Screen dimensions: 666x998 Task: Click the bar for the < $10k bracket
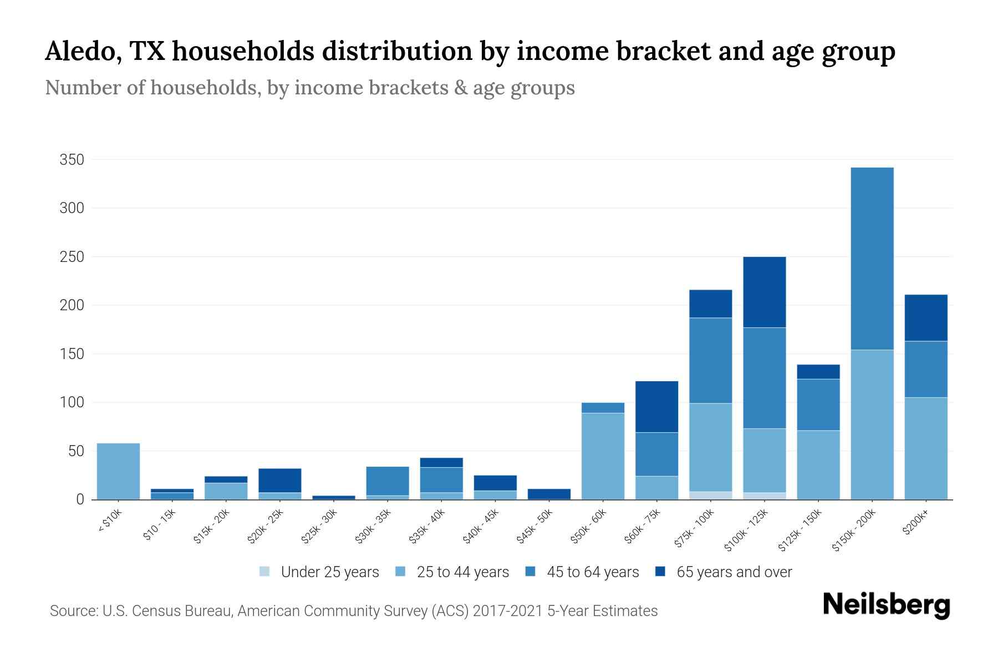click(x=118, y=471)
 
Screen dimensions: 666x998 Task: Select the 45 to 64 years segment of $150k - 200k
click(x=872, y=259)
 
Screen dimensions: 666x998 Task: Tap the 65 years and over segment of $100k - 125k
click(x=764, y=292)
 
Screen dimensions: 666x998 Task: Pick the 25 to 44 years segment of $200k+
click(x=925, y=448)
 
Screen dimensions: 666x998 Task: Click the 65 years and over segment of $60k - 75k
click(x=656, y=406)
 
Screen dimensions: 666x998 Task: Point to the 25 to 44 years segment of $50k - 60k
click(x=603, y=456)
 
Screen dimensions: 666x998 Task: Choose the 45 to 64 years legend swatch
click(x=531, y=572)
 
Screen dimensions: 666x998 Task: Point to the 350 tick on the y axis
click(x=72, y=160)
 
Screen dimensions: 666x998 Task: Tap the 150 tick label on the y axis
click(x=72, y=354)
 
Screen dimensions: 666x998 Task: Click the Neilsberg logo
click(x=886, y=604)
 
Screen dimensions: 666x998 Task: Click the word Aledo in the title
click(x=83, y=52)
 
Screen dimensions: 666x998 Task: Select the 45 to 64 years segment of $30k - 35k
click(x=388, y=481)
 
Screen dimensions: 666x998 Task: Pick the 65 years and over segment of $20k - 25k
click(x=280, y=480)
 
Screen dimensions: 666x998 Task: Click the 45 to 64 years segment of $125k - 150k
click(x=818, y=405)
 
